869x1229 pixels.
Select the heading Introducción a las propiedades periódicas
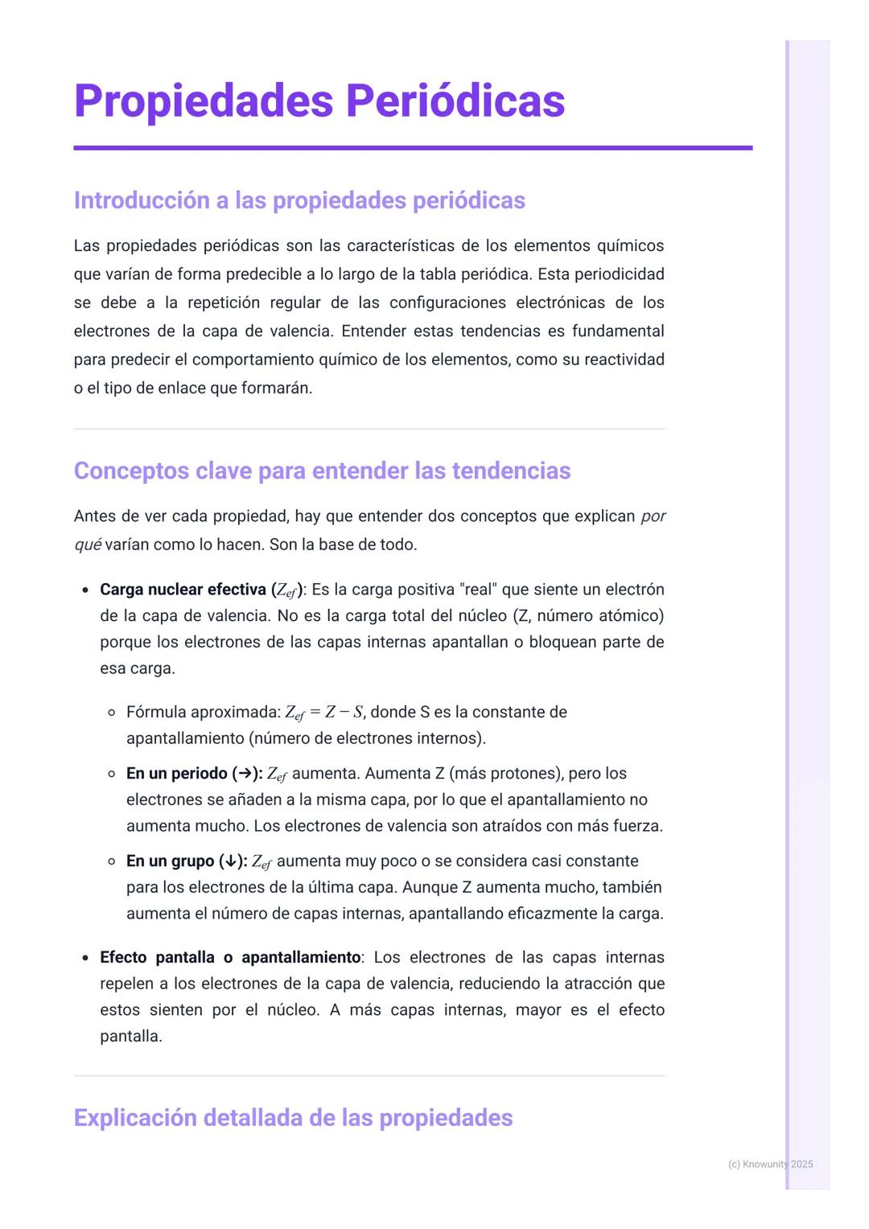[x=299, y=200]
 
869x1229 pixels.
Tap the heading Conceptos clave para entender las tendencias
[x=322, y=471]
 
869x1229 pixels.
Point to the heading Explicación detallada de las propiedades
[x=293, y=1118]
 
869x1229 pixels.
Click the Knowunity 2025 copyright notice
[x=770, y=1164]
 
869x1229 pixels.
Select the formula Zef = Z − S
[x=324, y=713]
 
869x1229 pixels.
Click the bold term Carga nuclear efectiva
[x=183, y=590]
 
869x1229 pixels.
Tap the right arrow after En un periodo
[x=244, y=774]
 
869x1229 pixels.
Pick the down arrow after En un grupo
[x=231, y=861]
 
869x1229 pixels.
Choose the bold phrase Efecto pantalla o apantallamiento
[x=230, y=957]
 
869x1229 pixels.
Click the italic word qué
[x=87, y=545]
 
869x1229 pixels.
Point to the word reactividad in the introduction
[x=624, y=360]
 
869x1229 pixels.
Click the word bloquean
[x=563, y=642]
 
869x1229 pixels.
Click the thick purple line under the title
[x=413, y=148]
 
